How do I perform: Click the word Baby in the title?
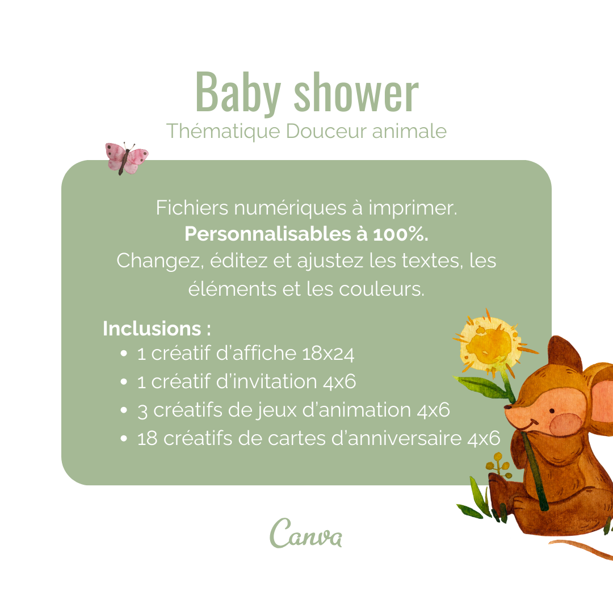(x=238, y=94)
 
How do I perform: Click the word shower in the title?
(x=356, y=93)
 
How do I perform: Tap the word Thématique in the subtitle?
(x=223, y=131)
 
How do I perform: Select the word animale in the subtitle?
(x=409, y=131)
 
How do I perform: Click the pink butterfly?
(x=126, y=158)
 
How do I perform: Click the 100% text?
(x=401, y=234)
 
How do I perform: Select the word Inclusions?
(x=152, y=329)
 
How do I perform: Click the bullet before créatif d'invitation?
(x=124, y=382)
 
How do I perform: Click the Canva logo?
(x=306, y=533)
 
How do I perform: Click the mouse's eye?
(x=552, y=412)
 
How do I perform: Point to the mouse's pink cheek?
(x=566, y=425)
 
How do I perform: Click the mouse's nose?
(x=508, y=408)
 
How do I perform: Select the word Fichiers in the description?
(x=192, y=208)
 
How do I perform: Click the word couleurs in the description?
(x=381, y=289)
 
